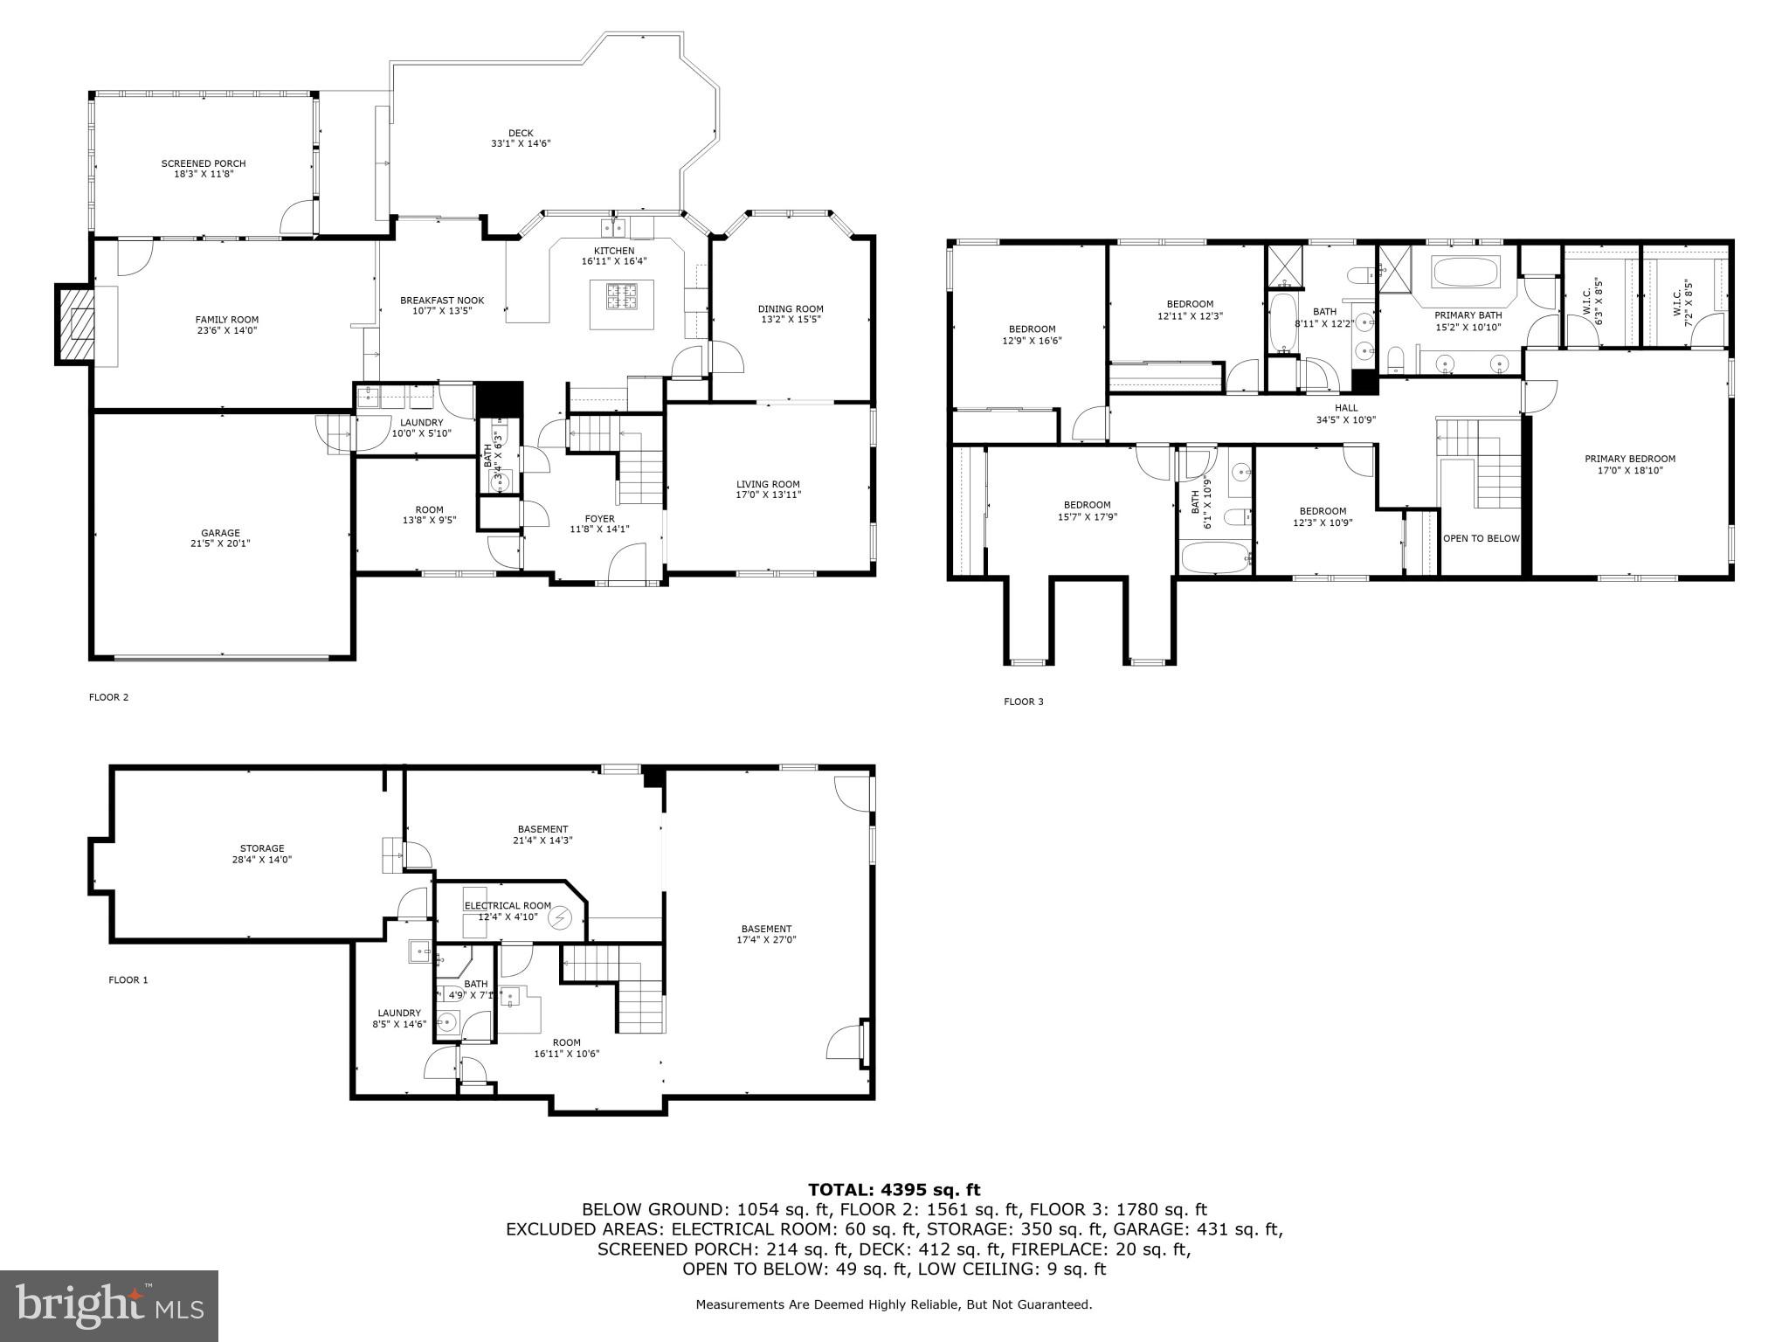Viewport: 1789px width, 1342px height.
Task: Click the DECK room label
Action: pyautogui.click(x=521, y=134)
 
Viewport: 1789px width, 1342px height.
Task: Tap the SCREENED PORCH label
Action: pyautogui.click(x=204, y=163)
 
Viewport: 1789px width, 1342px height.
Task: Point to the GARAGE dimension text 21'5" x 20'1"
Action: pyautogui.click(x=220, y=543)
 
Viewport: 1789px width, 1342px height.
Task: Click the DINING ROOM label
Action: pyautogui.click(x=791, y=308)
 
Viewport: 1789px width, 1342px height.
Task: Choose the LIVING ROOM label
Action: pyautogui.click(x=768, y=484)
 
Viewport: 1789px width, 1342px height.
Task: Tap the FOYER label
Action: pyautogui.click(x=599, y=519)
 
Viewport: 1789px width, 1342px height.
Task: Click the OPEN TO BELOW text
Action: pyautogui.click(x=1481, y=538)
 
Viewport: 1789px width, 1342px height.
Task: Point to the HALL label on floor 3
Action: pyautogui.click(x=1346, y=408)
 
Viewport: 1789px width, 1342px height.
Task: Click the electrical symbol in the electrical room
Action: pyautogui.click(x=559, y=918)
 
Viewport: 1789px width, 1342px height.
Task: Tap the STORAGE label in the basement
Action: pyautogui.click(x=262, y=848)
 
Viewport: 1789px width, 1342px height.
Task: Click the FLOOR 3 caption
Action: pyautogui.click(x=1023, y=702)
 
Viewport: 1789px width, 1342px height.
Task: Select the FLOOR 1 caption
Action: pyautogui.click(x=128, y=979)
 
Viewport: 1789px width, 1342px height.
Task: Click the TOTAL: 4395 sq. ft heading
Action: pyautogui.click(x=894, y=1189)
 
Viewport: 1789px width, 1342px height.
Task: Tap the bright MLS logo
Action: pyautogui.click(x=109, y=1305)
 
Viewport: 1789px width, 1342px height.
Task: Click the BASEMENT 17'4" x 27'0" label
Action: pyautogui.click(x=766, y=929)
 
